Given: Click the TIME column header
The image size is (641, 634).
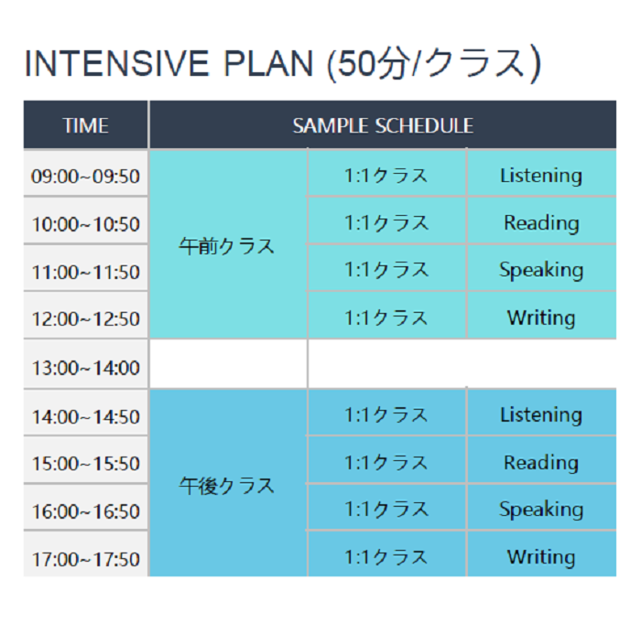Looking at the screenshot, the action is [x=85, y=125].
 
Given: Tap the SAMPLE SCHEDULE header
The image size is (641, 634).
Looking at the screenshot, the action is [x=383, y=125].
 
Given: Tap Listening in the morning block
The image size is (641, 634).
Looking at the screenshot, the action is [x=541, y=176].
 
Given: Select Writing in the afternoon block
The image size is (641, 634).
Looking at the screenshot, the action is [x=541, y=557].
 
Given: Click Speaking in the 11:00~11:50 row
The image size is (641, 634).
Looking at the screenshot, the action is [x=541, y=270].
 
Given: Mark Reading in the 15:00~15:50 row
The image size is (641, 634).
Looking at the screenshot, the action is [x=541, y=462].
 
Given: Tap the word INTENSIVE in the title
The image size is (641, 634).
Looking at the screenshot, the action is [x=117, y=63].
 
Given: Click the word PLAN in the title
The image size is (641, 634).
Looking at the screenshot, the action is [x=268, y=63].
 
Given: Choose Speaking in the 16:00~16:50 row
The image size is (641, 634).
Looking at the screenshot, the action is [x=541, y=509].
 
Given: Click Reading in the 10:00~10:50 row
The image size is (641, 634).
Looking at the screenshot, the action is [x=541, y=222].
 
